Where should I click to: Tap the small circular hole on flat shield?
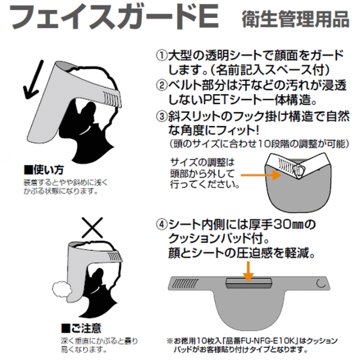click(x=319, y=283)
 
